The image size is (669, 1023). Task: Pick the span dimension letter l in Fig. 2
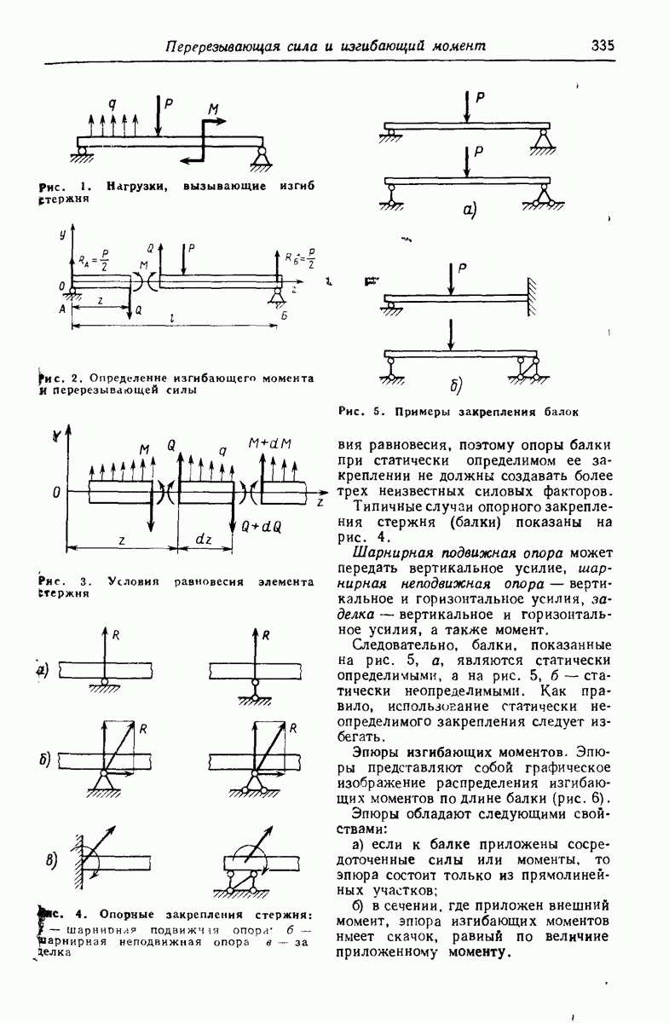[174, 319]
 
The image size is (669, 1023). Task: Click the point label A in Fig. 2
[63, 310]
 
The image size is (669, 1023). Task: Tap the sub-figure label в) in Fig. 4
[50, 858]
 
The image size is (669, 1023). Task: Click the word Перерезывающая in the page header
[221, 46]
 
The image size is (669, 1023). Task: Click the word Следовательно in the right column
[397, 645]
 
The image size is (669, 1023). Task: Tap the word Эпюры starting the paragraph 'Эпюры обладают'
[373, 814]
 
